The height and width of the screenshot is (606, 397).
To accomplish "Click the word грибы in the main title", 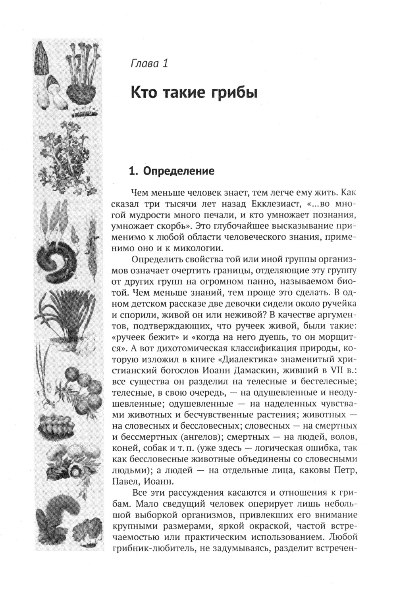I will (x=234, y=94).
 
